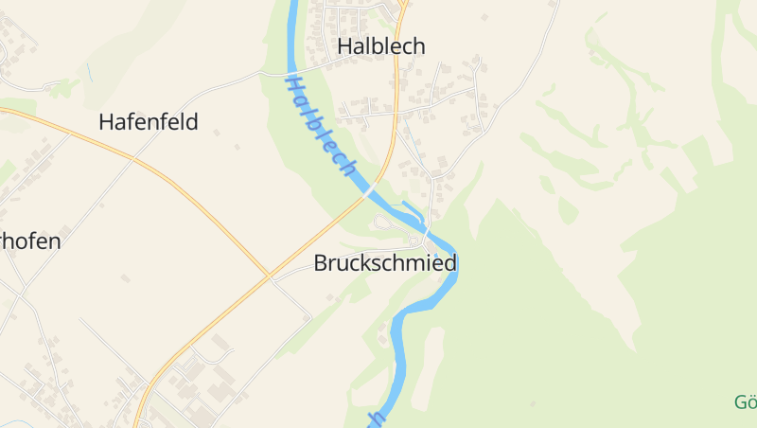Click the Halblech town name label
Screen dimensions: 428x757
[381, 46]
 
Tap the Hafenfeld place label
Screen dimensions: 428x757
[149, 122]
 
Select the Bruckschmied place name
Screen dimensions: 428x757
[385, 263]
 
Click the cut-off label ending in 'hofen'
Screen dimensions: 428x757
[30, 241]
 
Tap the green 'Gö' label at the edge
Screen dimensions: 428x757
[746, 402]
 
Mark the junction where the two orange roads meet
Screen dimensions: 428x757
[269, 276]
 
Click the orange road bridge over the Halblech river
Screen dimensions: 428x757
[366, 192]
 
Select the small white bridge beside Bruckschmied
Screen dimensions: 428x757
[427, 233]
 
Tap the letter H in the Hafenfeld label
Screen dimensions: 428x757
[106, 122]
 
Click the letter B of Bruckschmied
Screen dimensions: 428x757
[321, 263]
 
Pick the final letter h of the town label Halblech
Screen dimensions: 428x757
[418, 46]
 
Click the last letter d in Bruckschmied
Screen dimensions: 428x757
[450, 263]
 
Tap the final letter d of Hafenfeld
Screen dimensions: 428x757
[192, 122]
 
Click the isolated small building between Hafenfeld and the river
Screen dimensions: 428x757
[238, 147]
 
